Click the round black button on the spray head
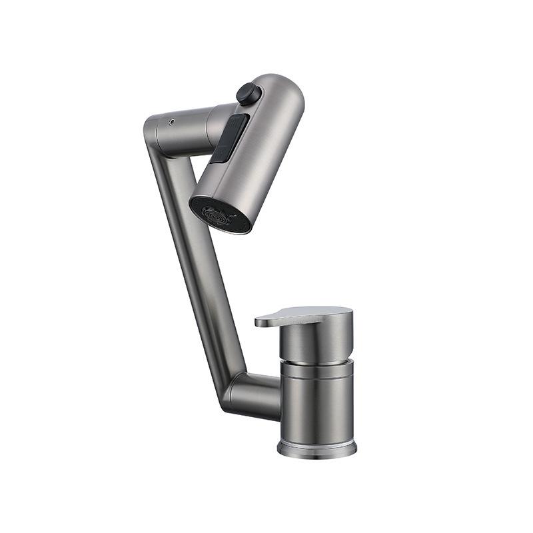pos(248,93)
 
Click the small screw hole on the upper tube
pos(172,123)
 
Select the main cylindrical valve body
pos(317,406)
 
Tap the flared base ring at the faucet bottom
pos(317,447)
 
